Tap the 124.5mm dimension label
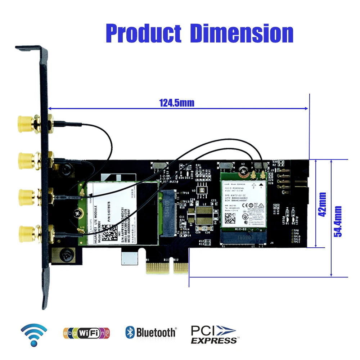coord(176,103)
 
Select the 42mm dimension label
coord(322,204)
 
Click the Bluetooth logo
coord(151,332)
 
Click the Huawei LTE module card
coord(119,212)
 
